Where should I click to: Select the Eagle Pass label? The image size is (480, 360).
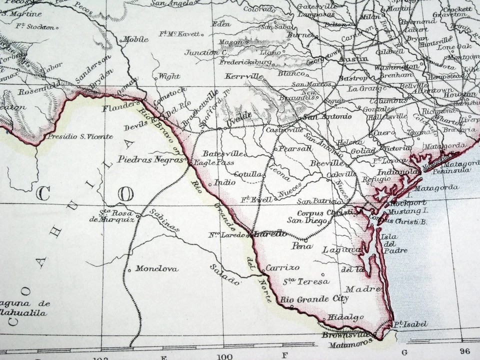click(x=206, y=162)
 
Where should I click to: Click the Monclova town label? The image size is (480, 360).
click(x=156, y=268)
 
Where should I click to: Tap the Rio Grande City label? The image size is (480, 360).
click(x=314, y=299)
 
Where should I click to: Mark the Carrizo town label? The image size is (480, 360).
click(x=282, y=267)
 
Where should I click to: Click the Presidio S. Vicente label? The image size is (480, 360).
click(x=80, y=136)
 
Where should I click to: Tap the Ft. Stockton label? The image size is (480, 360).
click(x=35, y=26)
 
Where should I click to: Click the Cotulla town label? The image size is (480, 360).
click(x=247, y=174)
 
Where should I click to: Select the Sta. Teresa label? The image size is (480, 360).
click(x=306, y=281)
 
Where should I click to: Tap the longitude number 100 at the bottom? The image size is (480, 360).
click(x=225, y=355)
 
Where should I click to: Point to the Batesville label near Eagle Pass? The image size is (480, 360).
click(x=223, y=153)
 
